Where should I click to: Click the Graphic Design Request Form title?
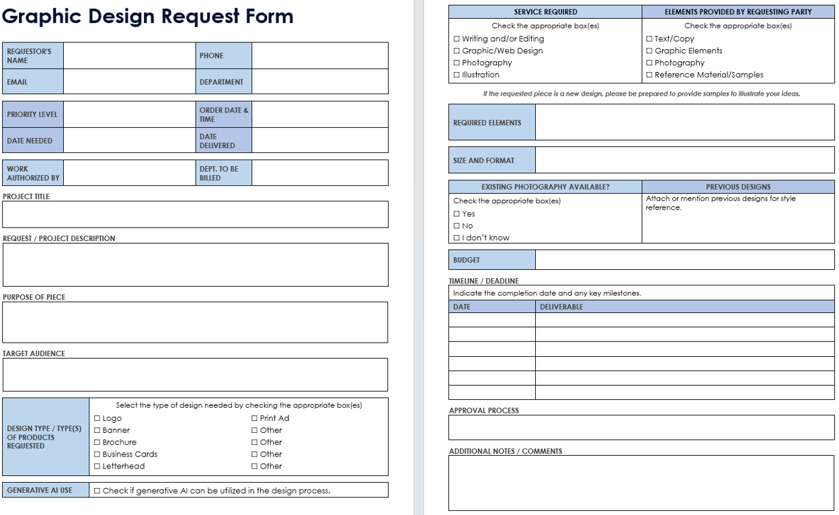click(148, 17)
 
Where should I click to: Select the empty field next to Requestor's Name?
click(129, 56)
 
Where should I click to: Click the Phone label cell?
click(224, 56)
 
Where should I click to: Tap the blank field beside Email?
click(129, 82)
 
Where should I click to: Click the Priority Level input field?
click(129, 114)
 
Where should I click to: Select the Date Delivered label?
click(224, 141)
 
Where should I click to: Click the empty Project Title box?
click(195, 214)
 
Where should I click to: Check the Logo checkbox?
click(97, 419)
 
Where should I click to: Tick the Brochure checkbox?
click(97, 443)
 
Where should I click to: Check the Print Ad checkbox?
click(254, 419)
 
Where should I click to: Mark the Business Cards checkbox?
click(97, 454)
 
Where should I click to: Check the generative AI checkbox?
click(97, 491)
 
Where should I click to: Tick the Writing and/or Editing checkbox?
click(456, 39)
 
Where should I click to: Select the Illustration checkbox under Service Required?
click(456, 75)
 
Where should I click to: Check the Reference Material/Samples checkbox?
click(649, 75)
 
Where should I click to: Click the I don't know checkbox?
click(456, 238)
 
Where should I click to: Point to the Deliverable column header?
click(561, 307)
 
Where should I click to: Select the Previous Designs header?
click(738, 187)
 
